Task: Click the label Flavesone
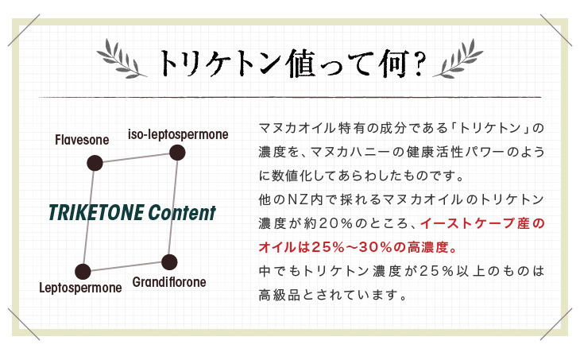coord(82,140)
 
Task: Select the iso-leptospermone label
coord(178,134)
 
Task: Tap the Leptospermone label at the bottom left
coord(80,288)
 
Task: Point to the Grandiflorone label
coord(169,282)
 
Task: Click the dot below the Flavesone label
coord(95,163)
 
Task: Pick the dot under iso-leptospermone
coord(177,153)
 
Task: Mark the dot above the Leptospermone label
coord(83,272)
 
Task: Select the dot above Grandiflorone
coord(169,262)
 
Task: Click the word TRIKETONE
coord(96,213)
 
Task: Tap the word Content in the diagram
coord(182,213)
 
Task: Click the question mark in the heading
coord(419,64)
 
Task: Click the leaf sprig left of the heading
coord(122,59)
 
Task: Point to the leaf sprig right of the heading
coord(458,59)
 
